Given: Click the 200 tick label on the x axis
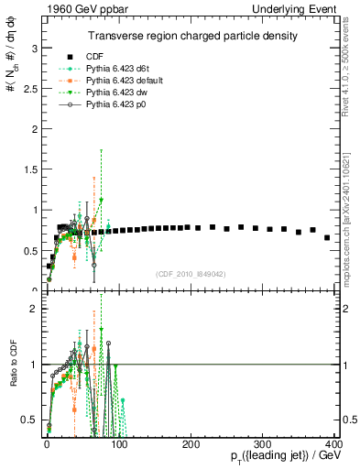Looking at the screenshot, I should (191, 443).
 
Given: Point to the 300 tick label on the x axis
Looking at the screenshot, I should (263, 443).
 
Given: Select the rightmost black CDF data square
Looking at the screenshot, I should (327, 237).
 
